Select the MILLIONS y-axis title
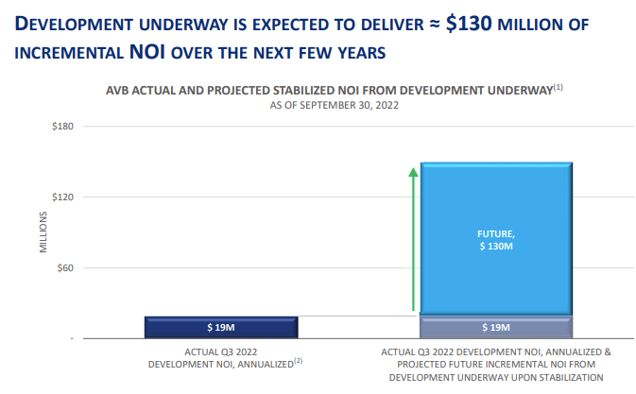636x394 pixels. (x=43, y=232)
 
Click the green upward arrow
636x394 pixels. (x=413, y=238)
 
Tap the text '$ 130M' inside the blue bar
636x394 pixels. (x=496, y=246)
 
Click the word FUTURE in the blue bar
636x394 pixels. (x=495, y=233)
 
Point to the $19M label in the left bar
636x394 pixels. (x=222, y=328)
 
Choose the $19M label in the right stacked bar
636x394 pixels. (x=496, y=328)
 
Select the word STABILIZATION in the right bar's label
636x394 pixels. (x=569, y=376)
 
